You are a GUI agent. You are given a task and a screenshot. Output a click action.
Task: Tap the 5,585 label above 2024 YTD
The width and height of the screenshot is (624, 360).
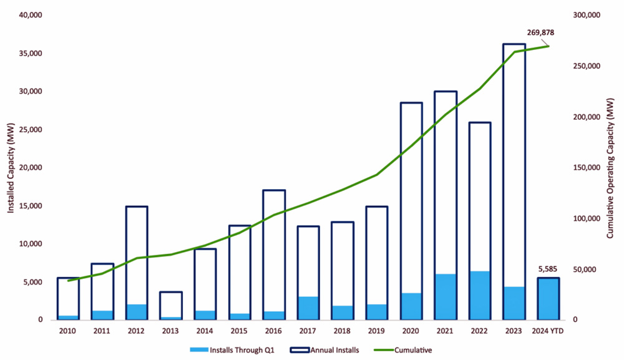coord(548,270)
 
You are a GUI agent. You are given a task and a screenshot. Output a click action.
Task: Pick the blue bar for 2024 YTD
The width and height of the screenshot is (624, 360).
coord(548,299)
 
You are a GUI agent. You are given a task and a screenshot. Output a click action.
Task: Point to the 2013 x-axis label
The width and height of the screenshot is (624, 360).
coord(171,331)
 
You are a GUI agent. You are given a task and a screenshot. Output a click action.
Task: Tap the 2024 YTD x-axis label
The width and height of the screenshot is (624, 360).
coord(548,331)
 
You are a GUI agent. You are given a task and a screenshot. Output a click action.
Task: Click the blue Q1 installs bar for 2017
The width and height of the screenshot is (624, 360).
coord(308,308)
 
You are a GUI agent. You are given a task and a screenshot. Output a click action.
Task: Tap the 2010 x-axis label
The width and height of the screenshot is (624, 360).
coord(68,331)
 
